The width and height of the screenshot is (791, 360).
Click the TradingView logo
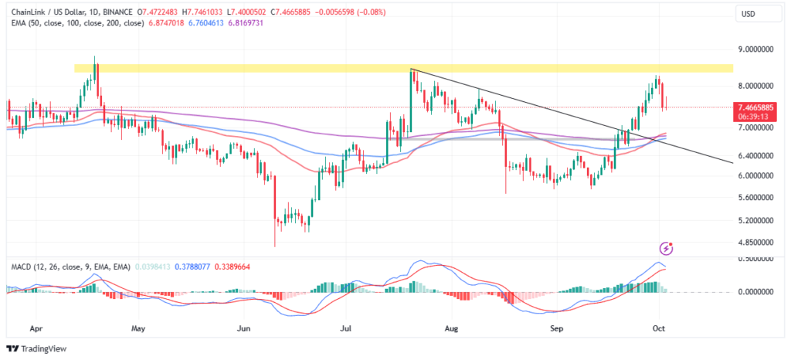36,347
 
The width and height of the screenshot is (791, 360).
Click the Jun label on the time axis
244,327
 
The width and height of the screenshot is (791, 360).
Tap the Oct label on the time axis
660,327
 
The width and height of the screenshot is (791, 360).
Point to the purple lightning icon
667,248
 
